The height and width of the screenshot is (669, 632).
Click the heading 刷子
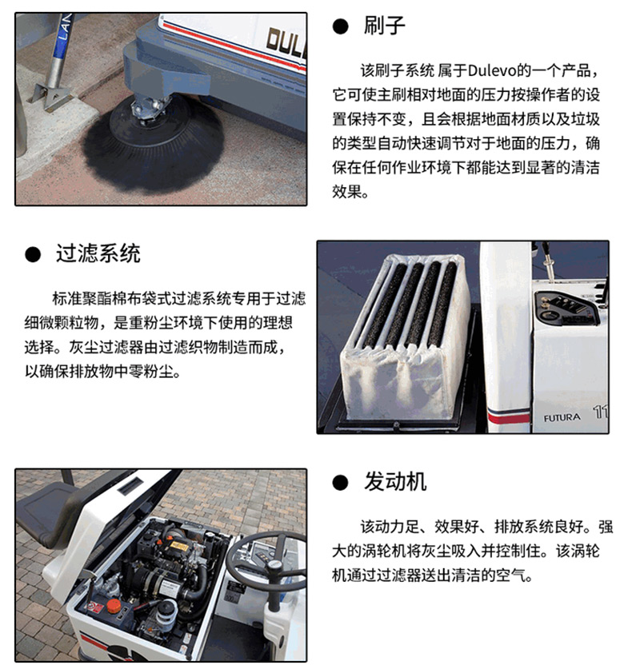coord(384,26)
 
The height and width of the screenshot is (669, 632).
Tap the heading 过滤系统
coord(98,254)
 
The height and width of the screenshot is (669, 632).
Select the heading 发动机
coord(395,482)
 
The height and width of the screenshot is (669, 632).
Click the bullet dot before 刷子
coord(341,26)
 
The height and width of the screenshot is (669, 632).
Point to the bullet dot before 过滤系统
coord(33,254)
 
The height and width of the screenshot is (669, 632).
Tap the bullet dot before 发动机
coord(341,483)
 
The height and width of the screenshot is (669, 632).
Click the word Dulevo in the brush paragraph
coord(492,70)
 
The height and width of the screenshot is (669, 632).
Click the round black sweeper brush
coord(153,143)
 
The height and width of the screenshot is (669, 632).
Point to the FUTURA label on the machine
coord(562,418)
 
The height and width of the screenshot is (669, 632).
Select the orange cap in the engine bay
coord(114,606)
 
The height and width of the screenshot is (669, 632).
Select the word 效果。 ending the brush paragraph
coord(350,192)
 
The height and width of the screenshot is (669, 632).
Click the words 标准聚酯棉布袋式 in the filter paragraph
coord(111,298)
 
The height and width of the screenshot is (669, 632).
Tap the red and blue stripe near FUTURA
coord(508,415)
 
